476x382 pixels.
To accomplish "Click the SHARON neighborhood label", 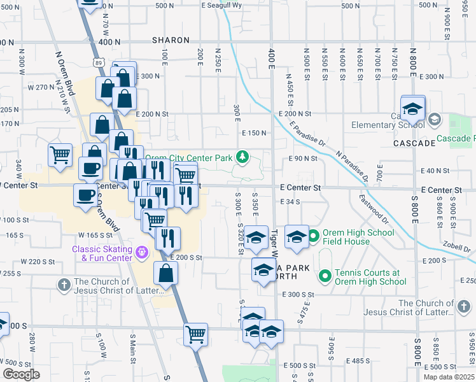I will (171, 40).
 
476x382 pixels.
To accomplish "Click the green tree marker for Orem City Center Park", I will (242, 157).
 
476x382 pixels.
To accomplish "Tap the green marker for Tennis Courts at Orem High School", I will (325, 276).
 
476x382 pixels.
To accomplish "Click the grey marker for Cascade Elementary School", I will (434, 119).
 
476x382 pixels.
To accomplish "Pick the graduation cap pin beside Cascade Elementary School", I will (412, 108).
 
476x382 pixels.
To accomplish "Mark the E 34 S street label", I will (290, 202).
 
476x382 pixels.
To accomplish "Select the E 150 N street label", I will (253, 132).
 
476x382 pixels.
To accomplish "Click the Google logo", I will (21, 374).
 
